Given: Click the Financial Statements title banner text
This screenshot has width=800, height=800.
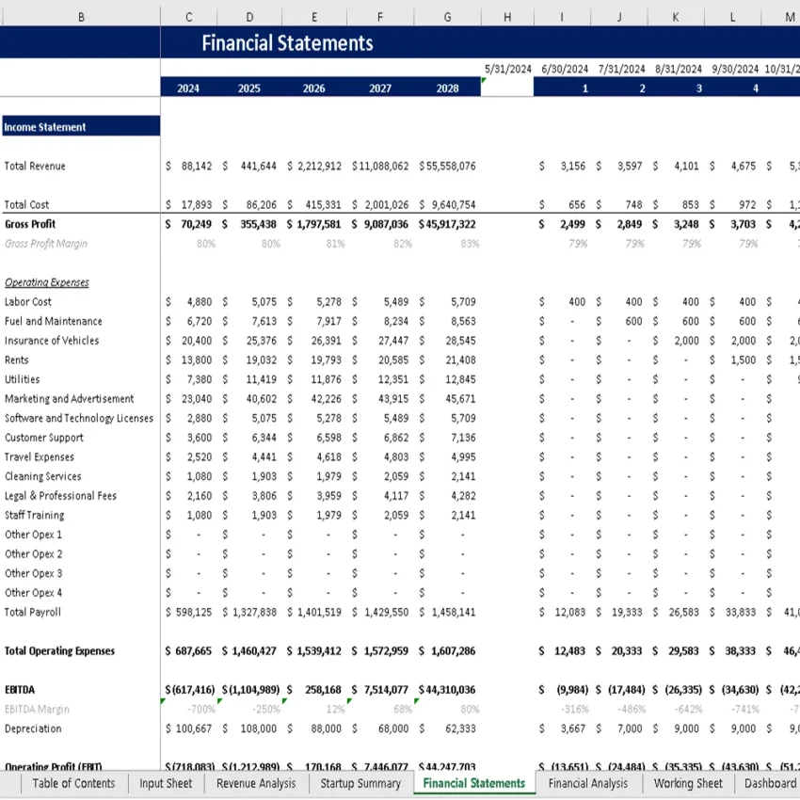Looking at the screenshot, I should (x=287, y=43).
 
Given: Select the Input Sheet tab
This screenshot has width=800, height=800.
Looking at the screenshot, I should (x=166, y=783).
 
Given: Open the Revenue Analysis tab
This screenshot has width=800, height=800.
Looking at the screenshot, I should (x=256, y=783).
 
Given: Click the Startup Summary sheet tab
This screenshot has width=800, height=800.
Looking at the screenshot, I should (x=360, y=783).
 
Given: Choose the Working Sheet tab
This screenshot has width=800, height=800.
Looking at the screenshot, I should (x=688, y=783).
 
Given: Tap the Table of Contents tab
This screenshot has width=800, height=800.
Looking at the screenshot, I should (x=73, y=783).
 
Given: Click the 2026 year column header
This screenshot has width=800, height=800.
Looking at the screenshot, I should (x=314, y=88).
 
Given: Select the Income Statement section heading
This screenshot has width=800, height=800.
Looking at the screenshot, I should (x=45, y=127).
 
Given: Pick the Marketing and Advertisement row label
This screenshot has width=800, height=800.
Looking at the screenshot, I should (x=70, y=399).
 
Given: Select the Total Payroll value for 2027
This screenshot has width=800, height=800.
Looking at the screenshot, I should (x=385, y=613).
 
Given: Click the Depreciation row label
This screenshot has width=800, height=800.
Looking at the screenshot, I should (x=33, y=728).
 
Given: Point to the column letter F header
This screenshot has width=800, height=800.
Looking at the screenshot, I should (x=379, y=17).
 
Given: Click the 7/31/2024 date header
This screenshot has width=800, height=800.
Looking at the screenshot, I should (x=621, y=70).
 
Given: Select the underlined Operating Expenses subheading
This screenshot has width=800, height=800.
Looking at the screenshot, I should (x=47, y=282).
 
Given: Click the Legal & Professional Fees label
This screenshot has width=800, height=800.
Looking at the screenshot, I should (x=61, y=496).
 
